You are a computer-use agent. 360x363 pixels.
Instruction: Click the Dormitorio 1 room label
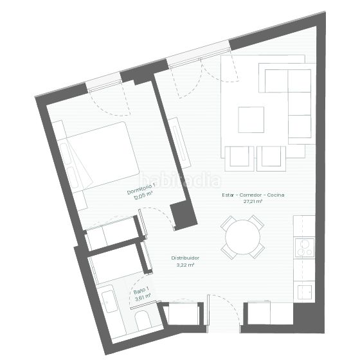tap(141, 189)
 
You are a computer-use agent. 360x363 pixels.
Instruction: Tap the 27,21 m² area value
tap(253, 201)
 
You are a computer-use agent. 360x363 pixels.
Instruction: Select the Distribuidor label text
tap(185, 258)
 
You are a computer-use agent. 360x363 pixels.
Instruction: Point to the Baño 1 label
tap(141, 291)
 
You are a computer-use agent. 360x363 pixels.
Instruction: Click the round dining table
tap(243, 237)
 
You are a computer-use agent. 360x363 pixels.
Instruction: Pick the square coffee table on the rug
tap(251, 120)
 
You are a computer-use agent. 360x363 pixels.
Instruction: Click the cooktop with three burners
tap(305, 248)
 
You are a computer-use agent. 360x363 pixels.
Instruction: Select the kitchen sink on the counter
tap(305, 292)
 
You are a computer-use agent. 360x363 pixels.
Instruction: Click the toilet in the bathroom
tap(142, 321)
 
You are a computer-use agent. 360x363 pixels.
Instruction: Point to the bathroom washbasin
tap(109, 301)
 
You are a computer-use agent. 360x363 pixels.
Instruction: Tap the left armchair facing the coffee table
tap(239, 159)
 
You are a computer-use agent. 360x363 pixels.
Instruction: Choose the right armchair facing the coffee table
tap(271, 159)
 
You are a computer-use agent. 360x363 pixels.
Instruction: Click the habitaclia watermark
tap(181, 180)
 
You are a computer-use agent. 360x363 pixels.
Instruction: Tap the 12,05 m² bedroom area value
tap(143, 196)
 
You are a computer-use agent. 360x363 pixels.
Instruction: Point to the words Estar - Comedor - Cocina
tap(253, 195)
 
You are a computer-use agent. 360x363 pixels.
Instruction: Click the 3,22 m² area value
tap(185, 265)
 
